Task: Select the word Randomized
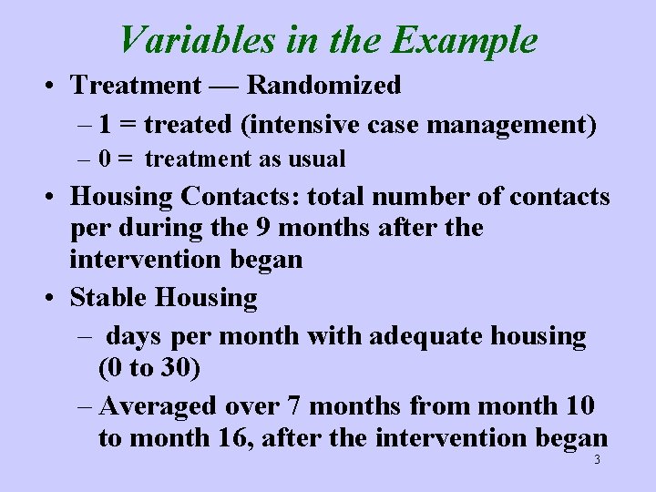[324, 86]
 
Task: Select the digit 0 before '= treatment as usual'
[106, 159]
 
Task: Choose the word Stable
[110, 298]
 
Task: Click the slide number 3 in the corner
[597, 460]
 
